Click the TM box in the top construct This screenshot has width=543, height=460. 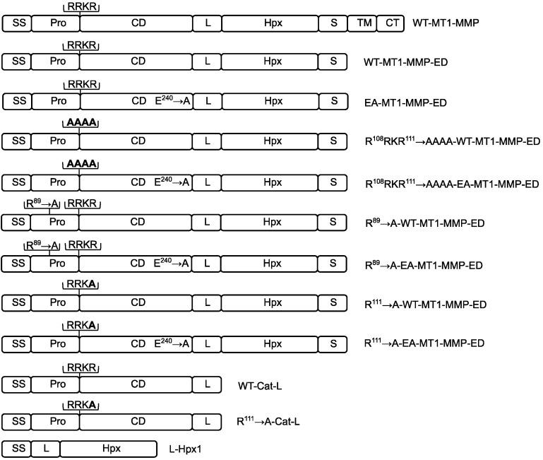[x=362, y=23]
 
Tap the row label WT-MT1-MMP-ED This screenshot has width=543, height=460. [x=407, y=63]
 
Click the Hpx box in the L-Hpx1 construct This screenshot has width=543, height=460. [x=108, y=449]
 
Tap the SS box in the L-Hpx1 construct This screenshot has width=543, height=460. [x=18, y=449]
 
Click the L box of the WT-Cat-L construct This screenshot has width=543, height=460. [x=207, y=384]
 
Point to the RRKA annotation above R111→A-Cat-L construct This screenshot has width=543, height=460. [x=80, y=406]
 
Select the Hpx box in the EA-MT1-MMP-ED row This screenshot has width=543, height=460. [x=269, y=102]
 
